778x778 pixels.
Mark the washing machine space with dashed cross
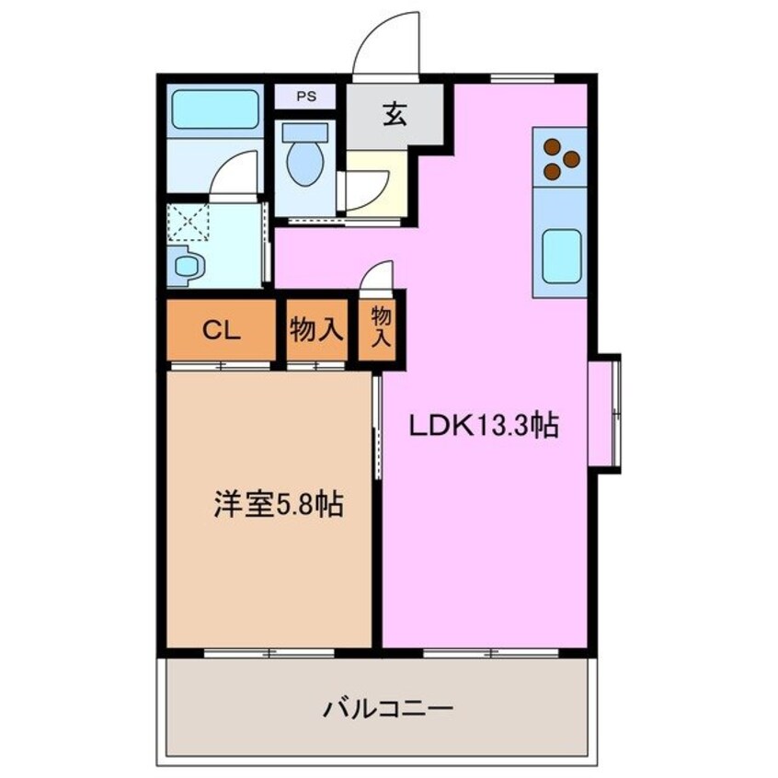pyautogui.click(x=189, y=222)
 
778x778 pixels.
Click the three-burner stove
pyautogui.click(x=560, y=158)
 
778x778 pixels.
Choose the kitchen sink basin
pyautogui.click(x=560, y=256)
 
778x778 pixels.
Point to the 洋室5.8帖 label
pyautogui.click(x=278, y=505)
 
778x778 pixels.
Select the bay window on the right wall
pyautogui.click(x=607, y=414)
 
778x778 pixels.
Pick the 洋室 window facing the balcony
pyautogui.click(x=269, y=653)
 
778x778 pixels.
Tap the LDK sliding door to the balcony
pyautogui.click(x=491, y=653)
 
